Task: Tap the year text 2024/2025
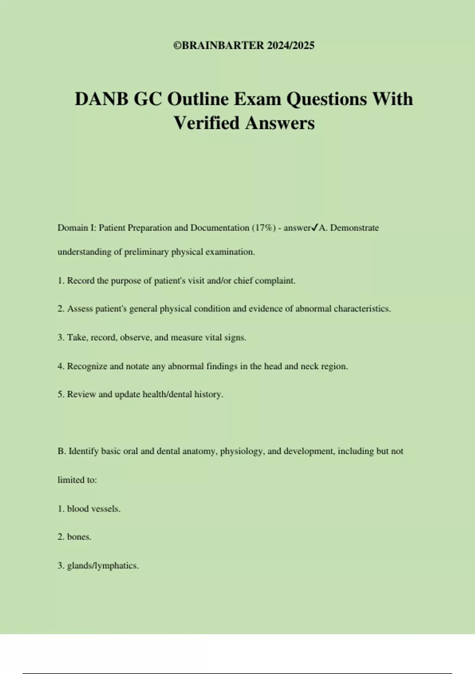pos(291,46)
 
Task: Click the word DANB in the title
pos(101,99)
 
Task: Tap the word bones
pos(79,537)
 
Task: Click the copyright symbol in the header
pos(177,46)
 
